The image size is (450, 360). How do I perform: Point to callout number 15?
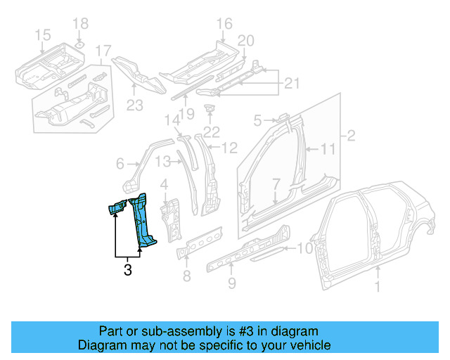pyautogui.click(x=42, y=34)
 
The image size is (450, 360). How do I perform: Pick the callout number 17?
pyautogui.click(x=103, y=51)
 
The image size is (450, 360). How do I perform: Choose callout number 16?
pyautogui.click(x=224, y=25)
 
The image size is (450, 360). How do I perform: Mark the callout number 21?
pyautogui.click(x=291, y=85)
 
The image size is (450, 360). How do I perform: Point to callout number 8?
pyautogui.click(x=186, y=276)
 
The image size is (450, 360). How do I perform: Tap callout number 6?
pyautogui.click(x=120, y=164)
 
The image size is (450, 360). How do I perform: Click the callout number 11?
pyautogui.click(x=329, y=149)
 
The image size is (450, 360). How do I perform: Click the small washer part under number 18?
pyautogui.click(x=80, y=45)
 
